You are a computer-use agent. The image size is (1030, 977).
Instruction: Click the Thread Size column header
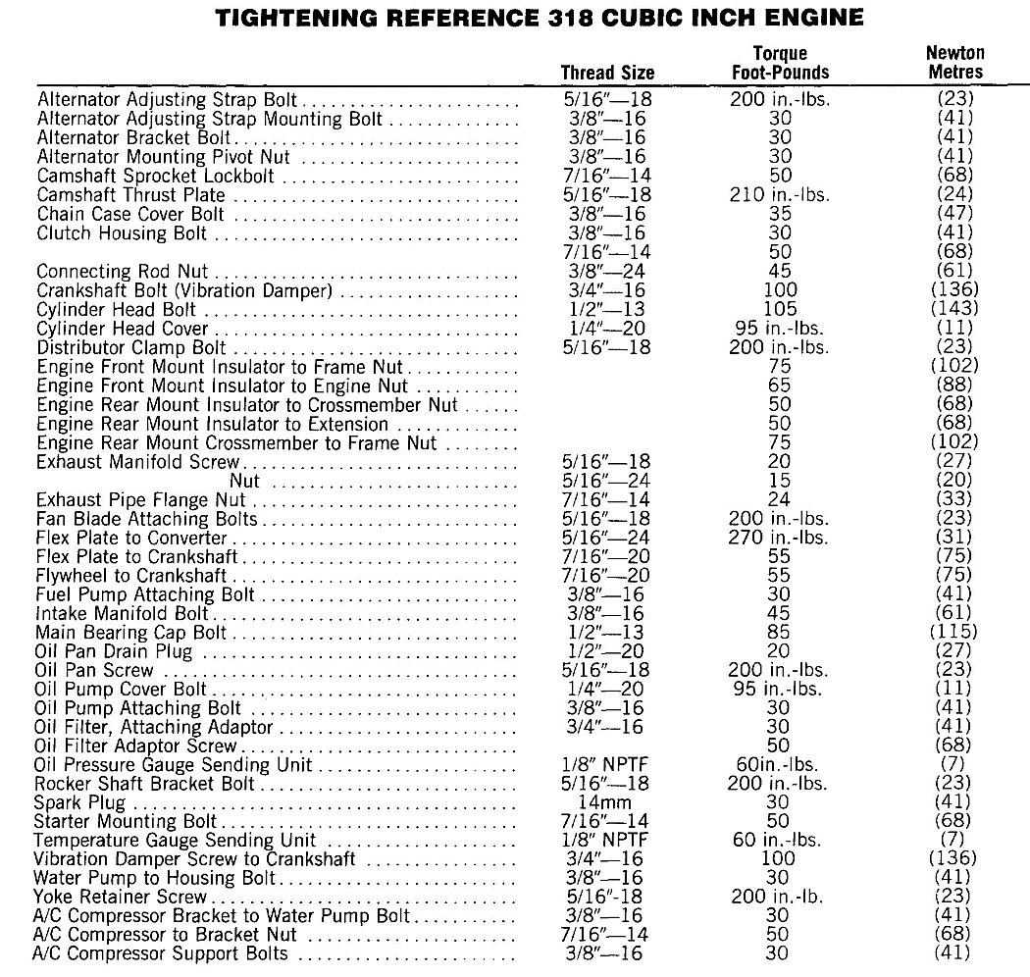607,73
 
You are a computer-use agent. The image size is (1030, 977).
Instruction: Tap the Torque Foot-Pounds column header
780,62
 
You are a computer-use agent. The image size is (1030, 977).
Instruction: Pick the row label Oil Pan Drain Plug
114,651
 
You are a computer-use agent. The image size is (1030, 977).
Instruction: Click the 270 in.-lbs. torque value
780,538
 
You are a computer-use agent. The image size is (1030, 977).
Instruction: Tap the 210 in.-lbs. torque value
780,195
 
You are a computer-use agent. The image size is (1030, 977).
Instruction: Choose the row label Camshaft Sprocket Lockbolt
155,177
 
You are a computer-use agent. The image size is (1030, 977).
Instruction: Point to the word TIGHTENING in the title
297,18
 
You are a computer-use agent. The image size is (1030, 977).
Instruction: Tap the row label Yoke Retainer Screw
122,897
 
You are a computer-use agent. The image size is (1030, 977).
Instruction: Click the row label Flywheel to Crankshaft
130,576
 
